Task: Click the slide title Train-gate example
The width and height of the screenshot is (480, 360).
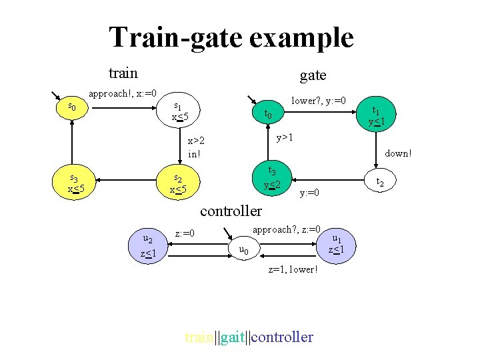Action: coord(231,37)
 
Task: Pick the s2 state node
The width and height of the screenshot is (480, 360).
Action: coord(177,183)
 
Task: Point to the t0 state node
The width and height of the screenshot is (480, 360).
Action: coord(268,114)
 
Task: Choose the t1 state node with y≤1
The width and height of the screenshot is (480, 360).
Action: coord(378,116)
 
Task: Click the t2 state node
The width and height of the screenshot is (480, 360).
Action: coord(379,181)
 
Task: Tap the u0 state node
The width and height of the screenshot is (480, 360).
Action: coord(244,250)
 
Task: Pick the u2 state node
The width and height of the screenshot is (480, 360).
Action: coord(149,246)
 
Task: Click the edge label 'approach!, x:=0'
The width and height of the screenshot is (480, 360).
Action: coord(123,93)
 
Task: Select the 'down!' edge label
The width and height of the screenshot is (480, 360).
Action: coord(398,153)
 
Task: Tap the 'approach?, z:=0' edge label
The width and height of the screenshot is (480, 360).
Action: coord(287,228)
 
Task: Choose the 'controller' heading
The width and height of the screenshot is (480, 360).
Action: coord(231,211)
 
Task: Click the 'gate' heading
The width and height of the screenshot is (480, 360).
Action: coord(313,75)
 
